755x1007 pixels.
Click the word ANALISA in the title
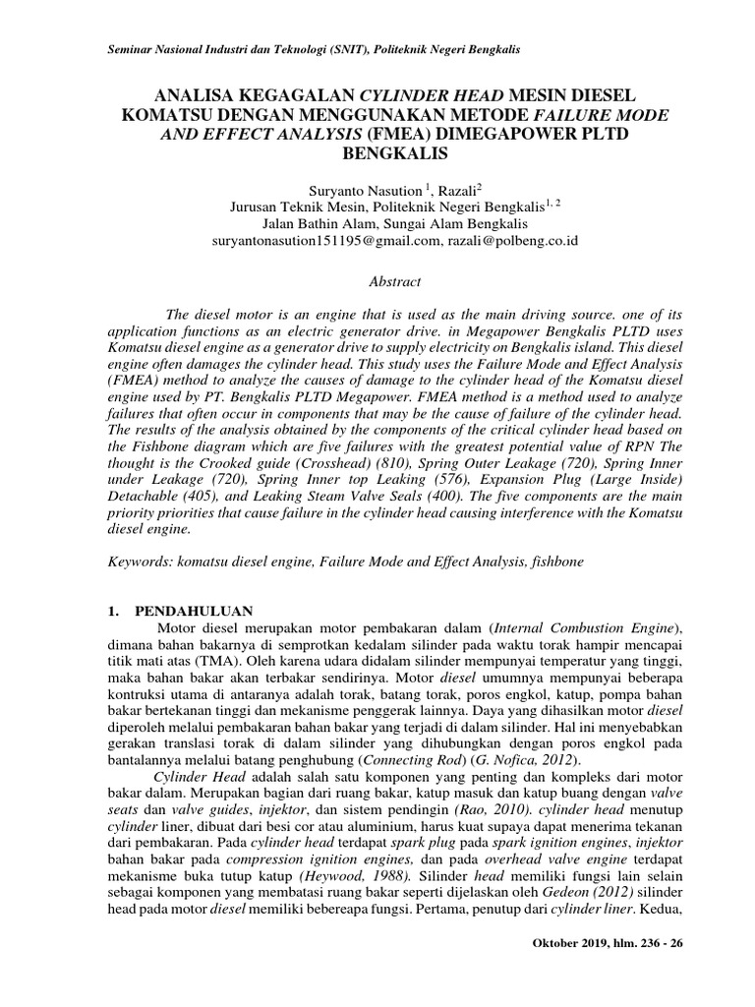coord(203,94)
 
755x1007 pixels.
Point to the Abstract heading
coord(393,282)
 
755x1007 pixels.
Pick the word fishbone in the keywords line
coord(560,560)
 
